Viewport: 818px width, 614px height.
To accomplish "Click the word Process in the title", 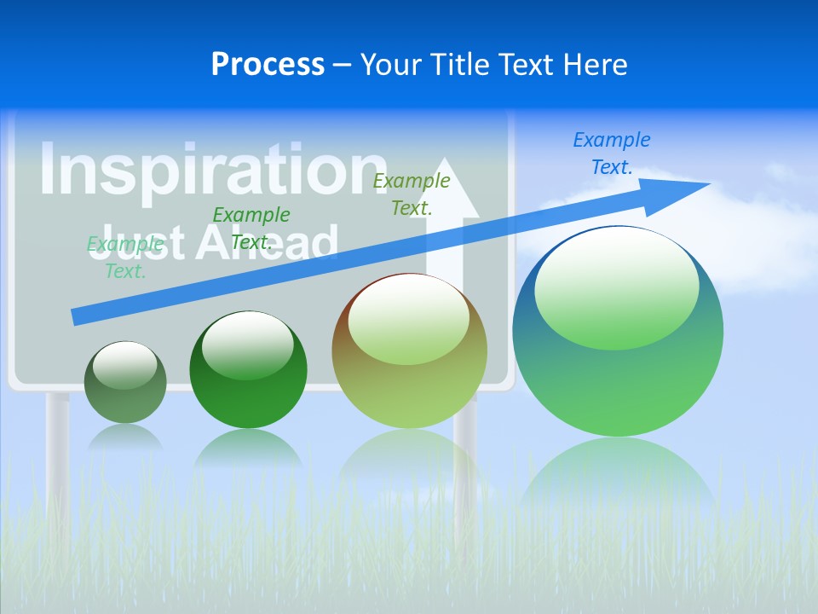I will (x=268, y=65).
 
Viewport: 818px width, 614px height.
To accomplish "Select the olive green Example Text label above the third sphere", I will (x=412, y=194).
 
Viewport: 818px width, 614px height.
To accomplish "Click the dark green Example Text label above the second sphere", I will (x=251, y=228).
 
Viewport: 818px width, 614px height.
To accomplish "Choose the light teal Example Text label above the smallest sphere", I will (x=125, y=258).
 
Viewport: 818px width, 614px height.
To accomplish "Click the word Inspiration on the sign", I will (x=213, y=171).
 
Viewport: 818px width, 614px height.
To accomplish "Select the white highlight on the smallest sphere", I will (x=124, y=365).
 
